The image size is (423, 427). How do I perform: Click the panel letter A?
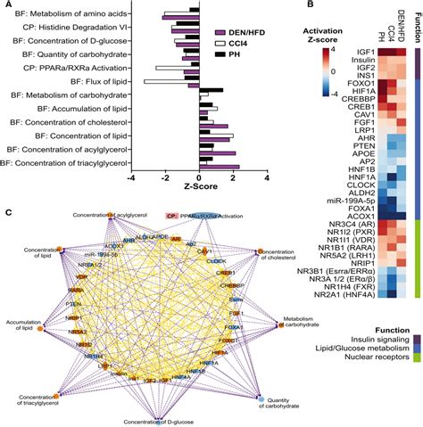(x=5, y=5)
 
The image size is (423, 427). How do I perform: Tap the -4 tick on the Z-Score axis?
(x=131, y=177)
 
